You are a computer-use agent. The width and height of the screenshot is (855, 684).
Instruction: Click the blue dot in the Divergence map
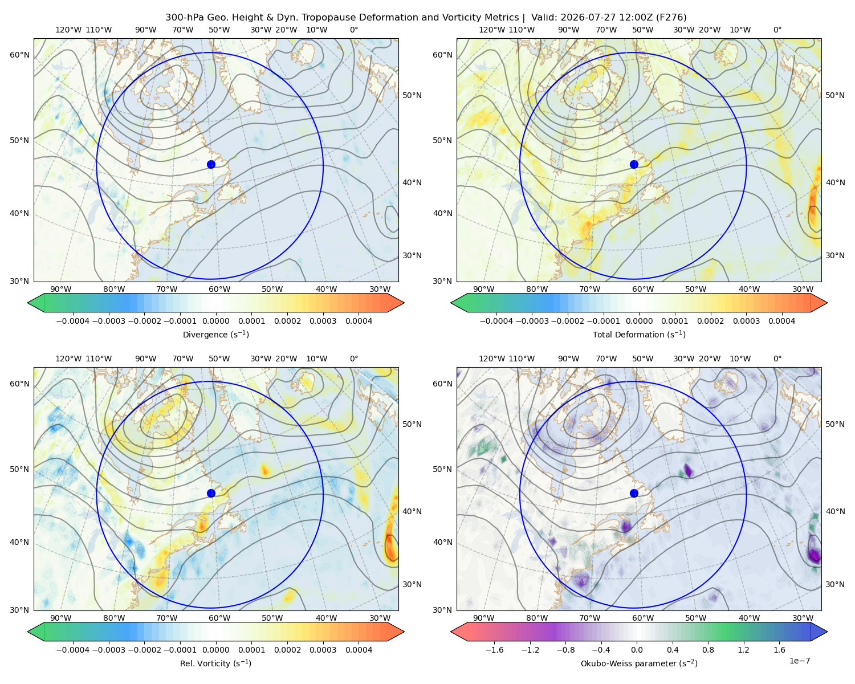tap(211, 164)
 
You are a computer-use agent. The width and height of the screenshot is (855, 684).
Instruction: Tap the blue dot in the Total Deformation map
tap(634, 164)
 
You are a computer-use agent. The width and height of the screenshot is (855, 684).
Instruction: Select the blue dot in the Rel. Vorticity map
tap(211, 493)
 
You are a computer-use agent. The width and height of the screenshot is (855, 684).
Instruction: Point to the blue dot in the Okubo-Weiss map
tap(634, 493)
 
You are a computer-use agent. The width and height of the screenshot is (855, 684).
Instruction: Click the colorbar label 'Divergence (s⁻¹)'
tap(215, 334)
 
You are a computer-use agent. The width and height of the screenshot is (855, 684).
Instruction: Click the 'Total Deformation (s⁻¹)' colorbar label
tap(639, 334)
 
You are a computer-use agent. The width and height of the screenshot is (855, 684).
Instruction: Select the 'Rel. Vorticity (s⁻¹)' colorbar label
tap(215, 663)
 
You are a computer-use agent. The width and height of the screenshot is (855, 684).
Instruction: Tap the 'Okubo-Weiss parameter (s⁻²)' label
tap(639, 663)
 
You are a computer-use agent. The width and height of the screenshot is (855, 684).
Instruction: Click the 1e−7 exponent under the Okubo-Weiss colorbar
tap(799, 661)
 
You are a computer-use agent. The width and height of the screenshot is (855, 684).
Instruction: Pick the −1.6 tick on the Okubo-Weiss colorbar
tap(494, 649)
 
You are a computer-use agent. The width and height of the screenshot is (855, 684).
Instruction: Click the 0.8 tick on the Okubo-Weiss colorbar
tap(708, 649)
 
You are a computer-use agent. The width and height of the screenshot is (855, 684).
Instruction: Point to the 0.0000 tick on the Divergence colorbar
tap(215, 321)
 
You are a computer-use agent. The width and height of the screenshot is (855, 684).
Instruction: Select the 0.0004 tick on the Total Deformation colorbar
tap(781, 321)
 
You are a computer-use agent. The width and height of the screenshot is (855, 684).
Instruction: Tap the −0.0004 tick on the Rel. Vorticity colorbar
tap(73, 649)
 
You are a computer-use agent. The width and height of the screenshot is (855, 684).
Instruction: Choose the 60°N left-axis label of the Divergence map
tap(19, 55)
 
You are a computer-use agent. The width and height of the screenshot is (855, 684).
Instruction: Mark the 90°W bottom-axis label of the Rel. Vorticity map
tap(61, 618)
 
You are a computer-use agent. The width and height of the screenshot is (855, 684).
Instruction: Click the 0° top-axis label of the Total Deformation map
tap(777, 30)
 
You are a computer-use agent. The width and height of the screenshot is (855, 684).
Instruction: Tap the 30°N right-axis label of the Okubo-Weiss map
tap(834, 584)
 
